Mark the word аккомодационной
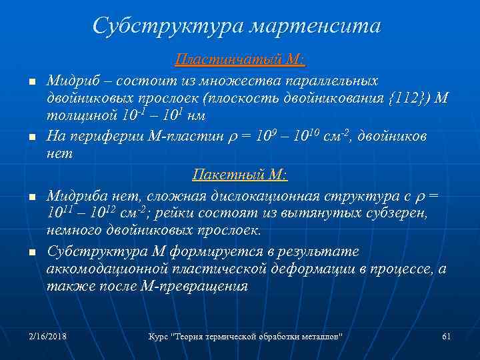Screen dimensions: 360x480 point(107,270)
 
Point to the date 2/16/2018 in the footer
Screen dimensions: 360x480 point(48,336)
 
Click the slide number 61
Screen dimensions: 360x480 point(447,336)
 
